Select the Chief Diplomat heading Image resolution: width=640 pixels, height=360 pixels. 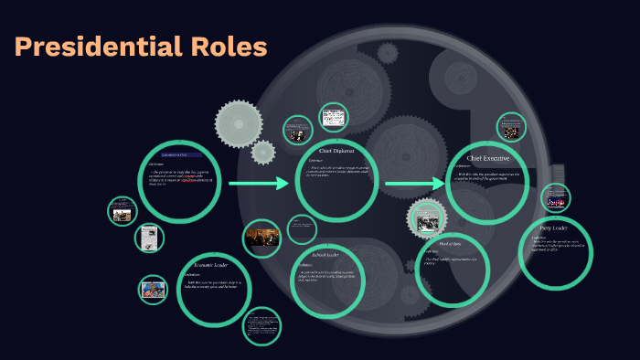(x=336, y=150)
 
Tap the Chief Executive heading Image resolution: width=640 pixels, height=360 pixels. (x=488, y=158)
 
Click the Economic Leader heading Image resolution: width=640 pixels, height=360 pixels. (x=210, y=265)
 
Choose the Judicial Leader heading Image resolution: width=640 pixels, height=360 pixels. (x=325, y=255)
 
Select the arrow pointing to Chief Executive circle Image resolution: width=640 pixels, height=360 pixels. (x=414, y=185)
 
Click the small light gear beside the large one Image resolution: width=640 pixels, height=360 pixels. (x=263, y=152)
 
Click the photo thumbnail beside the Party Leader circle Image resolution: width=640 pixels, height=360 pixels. (x=554, y=198)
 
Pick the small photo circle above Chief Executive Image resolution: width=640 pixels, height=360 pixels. (x=511, y=128)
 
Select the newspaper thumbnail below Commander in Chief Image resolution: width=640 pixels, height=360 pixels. (x=149, y=238)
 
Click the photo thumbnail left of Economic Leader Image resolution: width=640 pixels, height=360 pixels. (x=153, y=290)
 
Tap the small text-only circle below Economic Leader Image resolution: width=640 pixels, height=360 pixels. (x=261, y=325)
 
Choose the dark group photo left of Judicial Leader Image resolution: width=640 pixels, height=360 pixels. (x=261, y=238)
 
